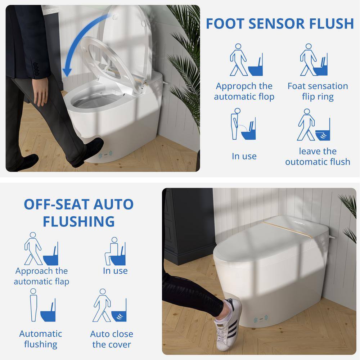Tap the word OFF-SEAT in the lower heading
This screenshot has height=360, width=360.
(57, 204)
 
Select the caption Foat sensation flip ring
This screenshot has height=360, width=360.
(318, 91)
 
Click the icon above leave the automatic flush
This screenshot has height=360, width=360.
(314, 125)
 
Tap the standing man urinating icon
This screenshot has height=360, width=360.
(243, 124)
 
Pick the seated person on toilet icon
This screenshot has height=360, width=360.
(115, 251)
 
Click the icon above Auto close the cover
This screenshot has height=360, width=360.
(110, 305)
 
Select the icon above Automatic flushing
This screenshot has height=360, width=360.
(43, 305)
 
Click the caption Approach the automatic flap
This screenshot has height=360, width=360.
(41, 276)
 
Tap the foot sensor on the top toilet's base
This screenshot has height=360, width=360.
(105, 154)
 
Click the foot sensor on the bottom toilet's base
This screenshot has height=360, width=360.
(261, 319)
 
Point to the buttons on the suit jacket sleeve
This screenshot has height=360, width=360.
(36, 69)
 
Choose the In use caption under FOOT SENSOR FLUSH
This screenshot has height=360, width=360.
(244, 156)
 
